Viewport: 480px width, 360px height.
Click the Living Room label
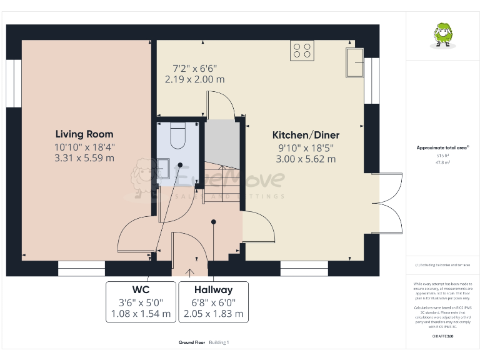(84, 134)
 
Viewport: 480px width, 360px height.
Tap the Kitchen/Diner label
(306, 135)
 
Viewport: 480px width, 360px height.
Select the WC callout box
(140, 302)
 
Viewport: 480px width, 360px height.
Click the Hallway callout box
(213, 302)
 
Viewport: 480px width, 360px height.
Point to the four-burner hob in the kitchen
(302, 50)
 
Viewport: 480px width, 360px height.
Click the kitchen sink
(356, 62)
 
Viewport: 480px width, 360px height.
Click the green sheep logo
(442, 35)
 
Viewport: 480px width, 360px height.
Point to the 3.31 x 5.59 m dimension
(84, 158)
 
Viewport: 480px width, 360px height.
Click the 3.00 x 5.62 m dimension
(306, 159)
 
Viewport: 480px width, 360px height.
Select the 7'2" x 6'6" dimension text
(194, 68)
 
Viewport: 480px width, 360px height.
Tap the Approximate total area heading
(442, 147)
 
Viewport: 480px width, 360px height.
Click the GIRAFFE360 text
(442, 336)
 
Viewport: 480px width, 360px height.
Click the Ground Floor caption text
(192, 342)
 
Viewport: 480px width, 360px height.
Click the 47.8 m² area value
(442, 161)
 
